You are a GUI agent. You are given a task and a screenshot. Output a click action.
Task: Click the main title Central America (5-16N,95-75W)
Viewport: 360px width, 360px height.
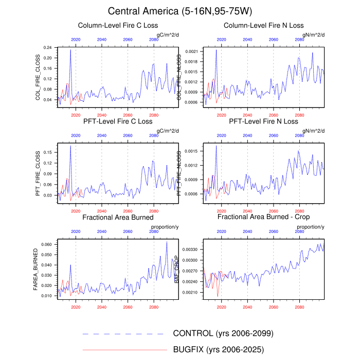pos(180,11)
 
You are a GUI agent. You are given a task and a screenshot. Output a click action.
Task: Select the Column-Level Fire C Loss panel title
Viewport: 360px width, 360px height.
pos(118,25)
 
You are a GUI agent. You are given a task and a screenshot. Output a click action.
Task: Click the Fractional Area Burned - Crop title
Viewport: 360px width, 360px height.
pos(263,217)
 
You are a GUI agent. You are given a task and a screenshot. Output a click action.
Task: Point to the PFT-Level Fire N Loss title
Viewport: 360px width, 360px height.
pos(263,122)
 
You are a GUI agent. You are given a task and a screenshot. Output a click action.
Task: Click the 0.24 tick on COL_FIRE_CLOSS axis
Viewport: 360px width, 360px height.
pos(48,47)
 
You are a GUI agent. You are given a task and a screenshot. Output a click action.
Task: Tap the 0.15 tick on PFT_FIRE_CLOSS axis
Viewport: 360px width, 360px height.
pos(48,152)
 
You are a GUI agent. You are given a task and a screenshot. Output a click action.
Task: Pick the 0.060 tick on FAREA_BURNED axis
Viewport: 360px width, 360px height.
pos(47,244)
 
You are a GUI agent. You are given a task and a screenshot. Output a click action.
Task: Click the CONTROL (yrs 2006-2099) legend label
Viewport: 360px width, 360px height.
pos(223,333)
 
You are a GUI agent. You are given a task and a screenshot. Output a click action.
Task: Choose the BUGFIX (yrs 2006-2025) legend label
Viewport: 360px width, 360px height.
pos(219,350)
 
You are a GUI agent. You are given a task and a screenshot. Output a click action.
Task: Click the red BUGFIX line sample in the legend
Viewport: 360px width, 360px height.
pos(124,350)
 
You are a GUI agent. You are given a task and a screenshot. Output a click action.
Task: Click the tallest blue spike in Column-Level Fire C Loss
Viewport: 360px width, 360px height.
pos(70,50)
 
